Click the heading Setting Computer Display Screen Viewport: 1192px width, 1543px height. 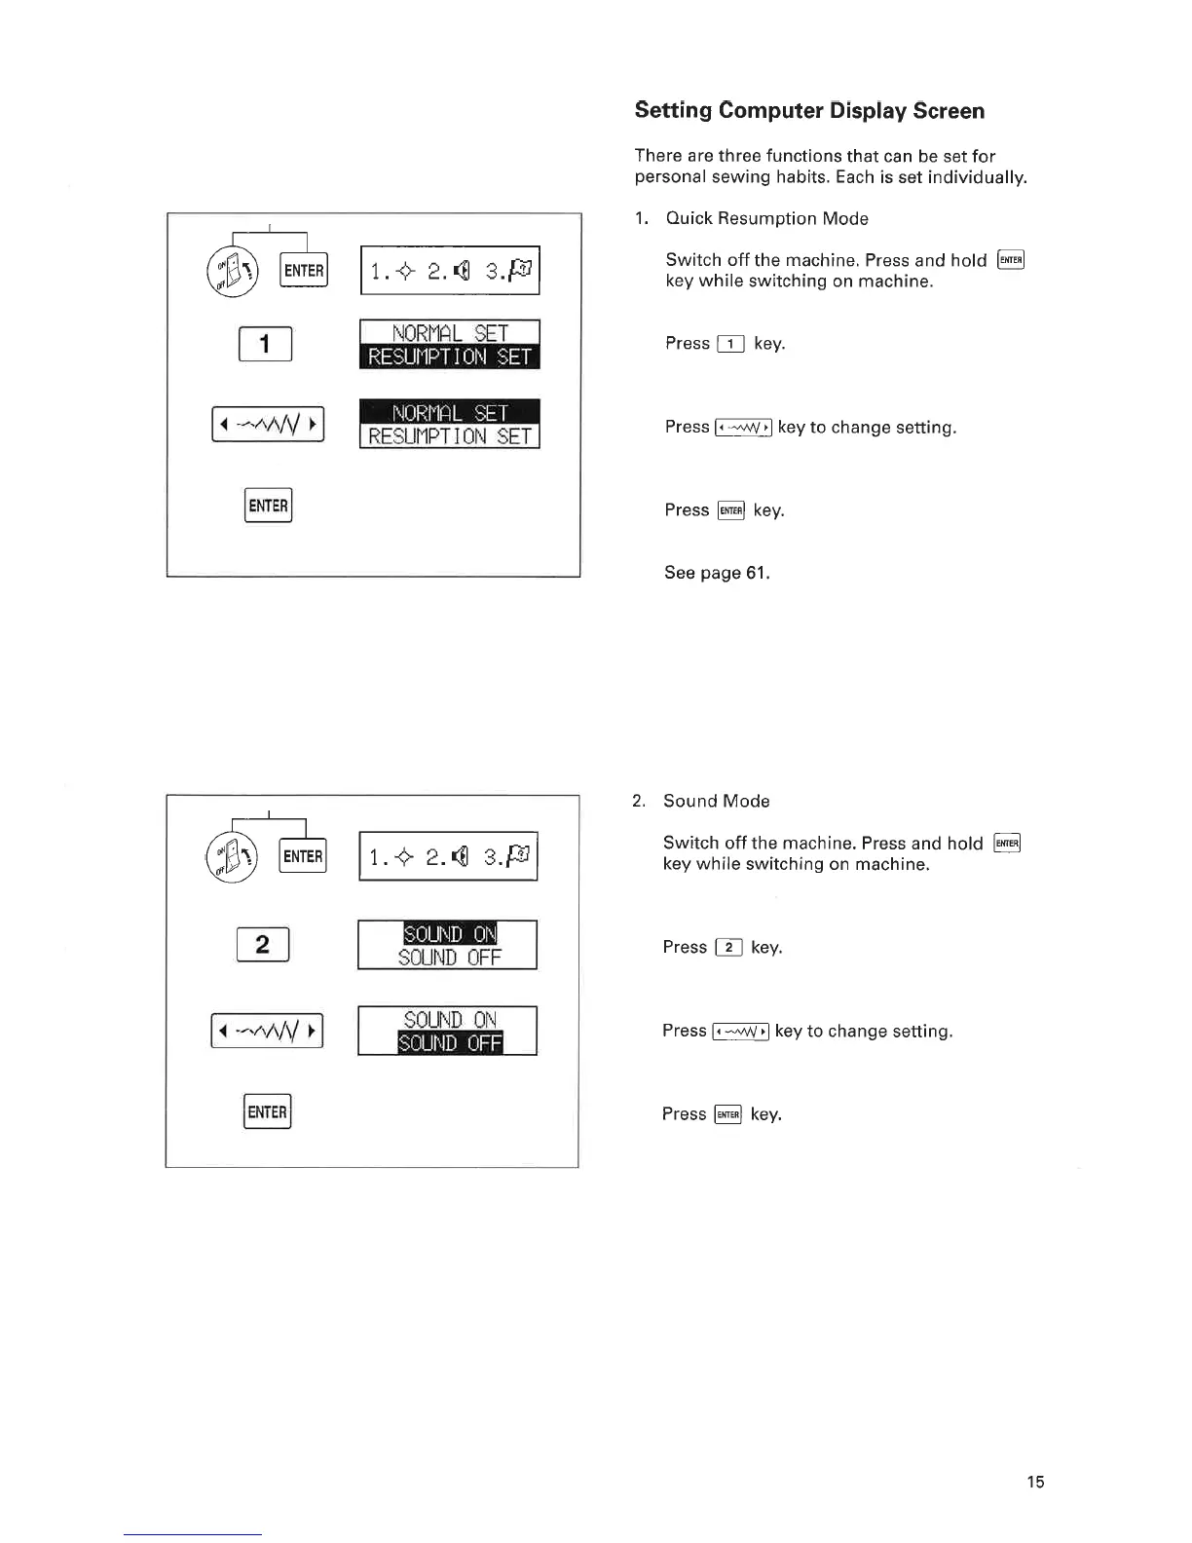[809, 111]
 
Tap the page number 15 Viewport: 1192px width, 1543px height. [1035, 1482]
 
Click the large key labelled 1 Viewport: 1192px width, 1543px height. [265, 344]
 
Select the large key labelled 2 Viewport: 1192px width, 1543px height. [262, 945]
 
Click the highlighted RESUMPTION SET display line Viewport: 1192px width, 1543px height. [449, 357]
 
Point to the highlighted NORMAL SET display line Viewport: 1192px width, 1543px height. [449, 412]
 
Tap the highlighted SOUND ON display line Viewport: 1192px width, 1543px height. [449, 933]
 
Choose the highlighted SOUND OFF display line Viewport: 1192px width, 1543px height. [449, 1043]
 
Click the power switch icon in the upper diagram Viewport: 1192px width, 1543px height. [233, 270]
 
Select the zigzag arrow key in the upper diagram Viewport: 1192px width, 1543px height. [268, 425]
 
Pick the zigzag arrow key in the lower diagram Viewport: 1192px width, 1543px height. [267, 1031]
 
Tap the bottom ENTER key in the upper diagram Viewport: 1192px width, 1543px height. [268, 506]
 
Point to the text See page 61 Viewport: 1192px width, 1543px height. [717, 573]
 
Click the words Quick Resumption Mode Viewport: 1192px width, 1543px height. [766, 218]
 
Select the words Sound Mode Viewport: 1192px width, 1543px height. [716, 801]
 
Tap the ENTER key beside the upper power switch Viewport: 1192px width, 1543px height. [304, 271]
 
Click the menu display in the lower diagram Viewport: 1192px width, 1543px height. [448, 857]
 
